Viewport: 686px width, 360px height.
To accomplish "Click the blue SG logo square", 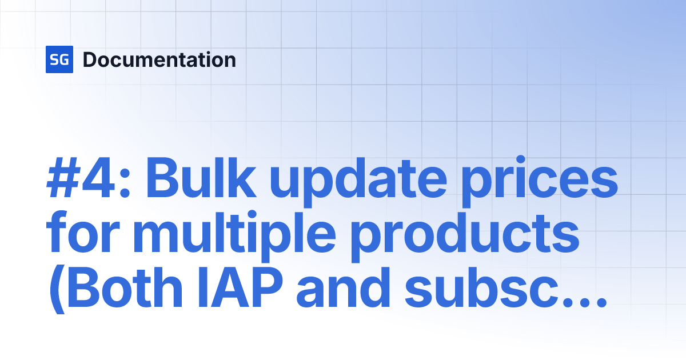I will [59, 59].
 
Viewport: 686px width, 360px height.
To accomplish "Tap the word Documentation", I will [159, 59].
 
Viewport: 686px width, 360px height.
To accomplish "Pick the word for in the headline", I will [76, 235].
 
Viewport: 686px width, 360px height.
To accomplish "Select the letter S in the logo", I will [55, 59].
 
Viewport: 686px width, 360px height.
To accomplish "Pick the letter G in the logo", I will [64, 59].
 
